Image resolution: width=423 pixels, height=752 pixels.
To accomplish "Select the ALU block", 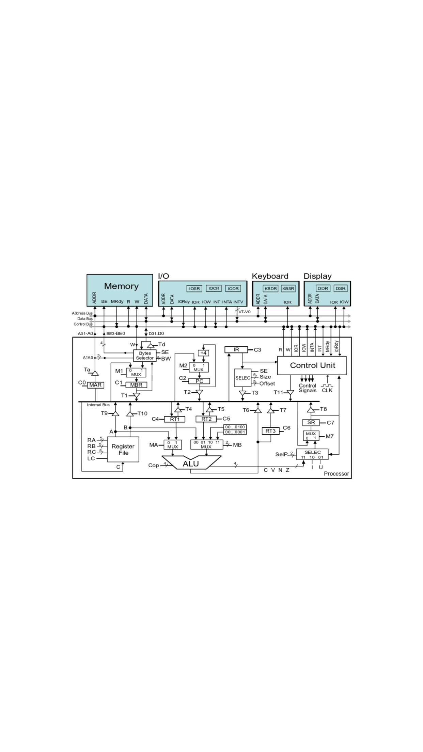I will tap(191, 463).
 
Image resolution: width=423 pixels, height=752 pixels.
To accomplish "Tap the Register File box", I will tap(123, 449).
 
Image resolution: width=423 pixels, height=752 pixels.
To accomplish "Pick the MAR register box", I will tap(95, 385).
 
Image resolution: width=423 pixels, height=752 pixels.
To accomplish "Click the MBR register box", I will tap(136, 385).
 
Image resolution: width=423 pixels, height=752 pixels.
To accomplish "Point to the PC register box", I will tap(199, 381).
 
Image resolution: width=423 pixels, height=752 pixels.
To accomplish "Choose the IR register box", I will tap(236, 350).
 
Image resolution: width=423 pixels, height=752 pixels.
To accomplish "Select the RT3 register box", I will tap(270, 431).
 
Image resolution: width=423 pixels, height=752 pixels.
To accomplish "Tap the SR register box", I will tap(311, 422).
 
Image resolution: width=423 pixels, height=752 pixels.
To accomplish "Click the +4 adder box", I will tap(203, 353).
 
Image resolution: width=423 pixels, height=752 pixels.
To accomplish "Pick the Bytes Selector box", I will tap(145, 356).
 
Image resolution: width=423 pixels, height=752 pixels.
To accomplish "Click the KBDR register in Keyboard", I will tap(271, 288).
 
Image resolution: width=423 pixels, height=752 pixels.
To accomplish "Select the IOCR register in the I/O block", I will tap(214, 288).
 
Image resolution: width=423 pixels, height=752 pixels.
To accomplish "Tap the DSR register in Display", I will tap(340, 288).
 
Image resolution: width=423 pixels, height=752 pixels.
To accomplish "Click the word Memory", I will tap(121, 286).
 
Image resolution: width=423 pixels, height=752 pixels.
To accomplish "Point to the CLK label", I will tap(327, 390).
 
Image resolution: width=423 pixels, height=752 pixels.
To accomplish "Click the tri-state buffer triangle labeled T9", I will tap(115, 413).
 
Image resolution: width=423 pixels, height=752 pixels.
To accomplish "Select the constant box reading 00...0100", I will tap(235, 427).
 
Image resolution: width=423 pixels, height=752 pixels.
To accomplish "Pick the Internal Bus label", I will tap(98, 405).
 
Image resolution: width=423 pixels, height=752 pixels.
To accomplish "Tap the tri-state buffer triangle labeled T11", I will tap(290, 393).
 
